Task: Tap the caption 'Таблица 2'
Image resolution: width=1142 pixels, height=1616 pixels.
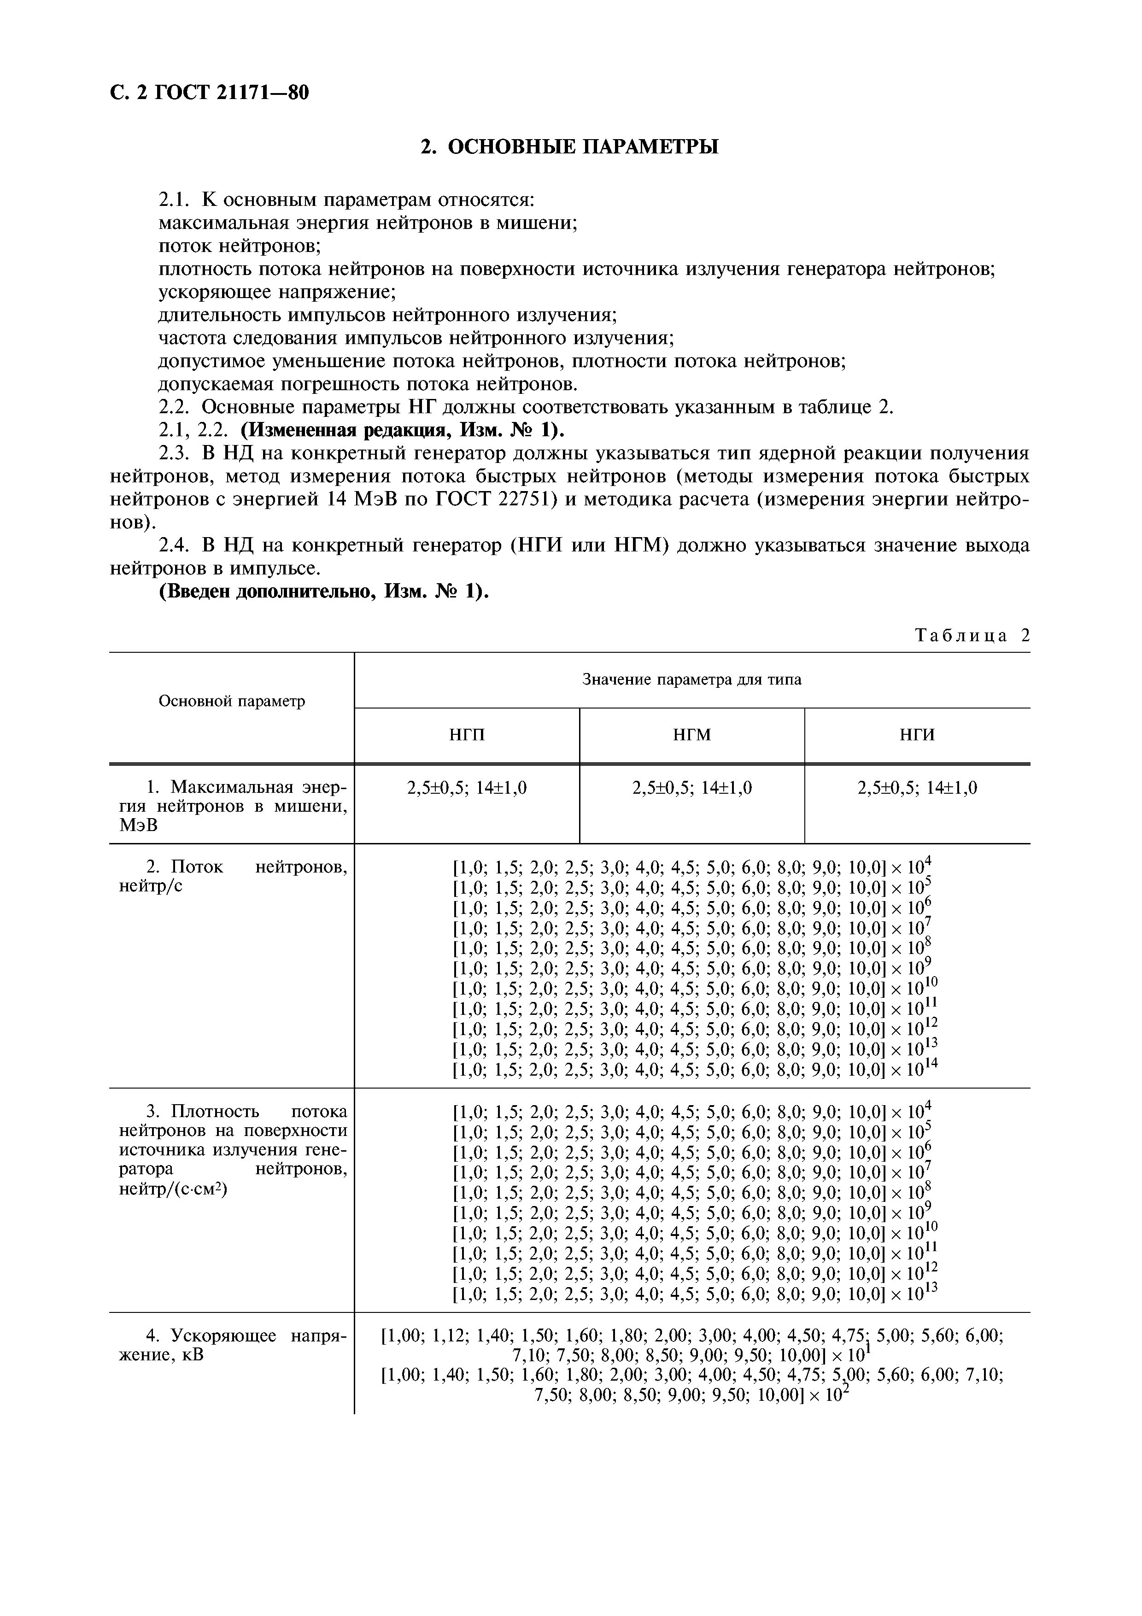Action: pyautogui.click(x=972, y=636)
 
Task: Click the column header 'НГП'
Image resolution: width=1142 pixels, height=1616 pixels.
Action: pyautogui.click(x=467, y=736)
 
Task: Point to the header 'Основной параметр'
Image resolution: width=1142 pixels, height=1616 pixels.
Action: pyautogui.click(x=232, y=701)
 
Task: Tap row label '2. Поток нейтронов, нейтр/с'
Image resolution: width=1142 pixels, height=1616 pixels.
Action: pyautogui.click(x=232, y=876)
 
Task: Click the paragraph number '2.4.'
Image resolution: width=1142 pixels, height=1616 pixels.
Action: pyautogui.click(x=176, y=545)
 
